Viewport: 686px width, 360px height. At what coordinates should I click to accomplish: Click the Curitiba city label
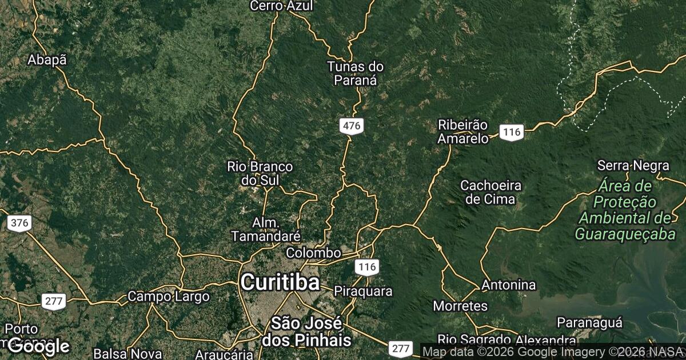point(280,282)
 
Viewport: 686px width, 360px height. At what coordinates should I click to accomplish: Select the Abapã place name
point(47,60)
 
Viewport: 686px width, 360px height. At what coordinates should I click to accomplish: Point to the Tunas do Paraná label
point(355,73)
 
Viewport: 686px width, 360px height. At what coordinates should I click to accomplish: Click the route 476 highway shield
point(351,126)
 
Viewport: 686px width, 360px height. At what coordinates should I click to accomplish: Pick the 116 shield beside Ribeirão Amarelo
point(511,133)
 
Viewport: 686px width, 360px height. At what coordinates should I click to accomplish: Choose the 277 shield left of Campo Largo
point(53,301)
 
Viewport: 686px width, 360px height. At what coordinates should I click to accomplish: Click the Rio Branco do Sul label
point(260,173)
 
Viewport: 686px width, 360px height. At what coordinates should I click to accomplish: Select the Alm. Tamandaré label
point(266,229)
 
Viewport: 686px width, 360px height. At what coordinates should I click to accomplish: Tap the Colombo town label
point(314,253)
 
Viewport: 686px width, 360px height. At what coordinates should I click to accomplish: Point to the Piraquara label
point(363,291)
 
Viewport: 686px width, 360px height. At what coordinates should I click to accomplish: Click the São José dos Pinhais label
point(306,331)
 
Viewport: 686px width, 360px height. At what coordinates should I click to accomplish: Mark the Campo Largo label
point(168,297)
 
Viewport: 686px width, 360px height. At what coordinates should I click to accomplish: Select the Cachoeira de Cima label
point(491,192)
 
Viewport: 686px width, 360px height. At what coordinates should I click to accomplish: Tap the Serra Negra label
point(633,166)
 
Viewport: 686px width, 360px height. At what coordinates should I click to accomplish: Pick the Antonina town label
point(509,285)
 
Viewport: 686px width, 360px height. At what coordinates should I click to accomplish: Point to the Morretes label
point(460,306)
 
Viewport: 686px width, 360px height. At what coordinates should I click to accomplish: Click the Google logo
point(39,346)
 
